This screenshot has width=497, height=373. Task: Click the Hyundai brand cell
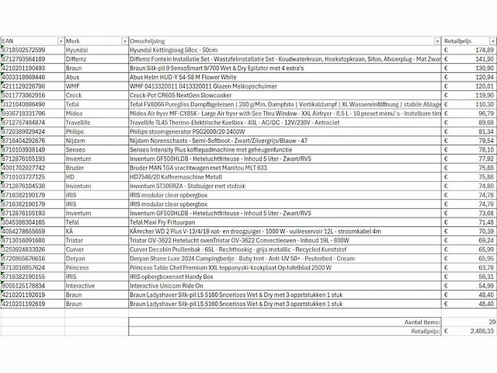pyautogui.click(x=77, y=49)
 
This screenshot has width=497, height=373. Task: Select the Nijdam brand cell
pyautogui.click(x=76, y=140)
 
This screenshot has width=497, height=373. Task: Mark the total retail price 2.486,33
pyautogui.click(x=477, y=330)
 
